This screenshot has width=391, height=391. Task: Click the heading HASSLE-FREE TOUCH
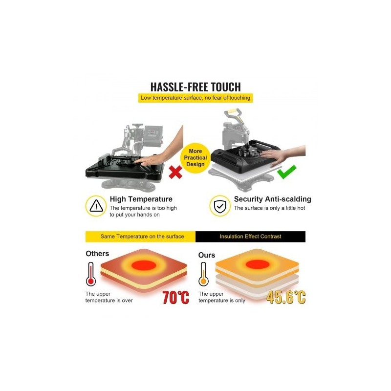[195, 87]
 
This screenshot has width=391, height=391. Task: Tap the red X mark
[175, 173]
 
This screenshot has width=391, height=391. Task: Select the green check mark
[287, 172]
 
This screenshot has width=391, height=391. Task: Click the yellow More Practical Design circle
[195, 158]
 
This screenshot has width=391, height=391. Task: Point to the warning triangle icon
[96, 206]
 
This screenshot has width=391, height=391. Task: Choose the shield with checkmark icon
[220, 206]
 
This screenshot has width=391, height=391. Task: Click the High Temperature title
[141, 199]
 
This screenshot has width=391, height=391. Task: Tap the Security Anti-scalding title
[273, 199]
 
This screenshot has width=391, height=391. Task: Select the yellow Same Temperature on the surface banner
[140, 237]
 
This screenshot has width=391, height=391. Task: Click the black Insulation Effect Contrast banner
[250, 237]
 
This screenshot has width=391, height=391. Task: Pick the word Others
[97, 254]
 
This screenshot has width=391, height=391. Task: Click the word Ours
[206, 255]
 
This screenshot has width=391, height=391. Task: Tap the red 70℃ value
[176, 297]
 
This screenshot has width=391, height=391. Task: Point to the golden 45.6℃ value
[286, 297]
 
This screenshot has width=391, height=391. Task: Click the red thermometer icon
[91, 274]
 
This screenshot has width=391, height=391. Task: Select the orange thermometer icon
[203, 274]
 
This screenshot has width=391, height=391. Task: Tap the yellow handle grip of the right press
[231, 111]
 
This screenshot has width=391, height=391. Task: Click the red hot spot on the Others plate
[144, 265]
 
